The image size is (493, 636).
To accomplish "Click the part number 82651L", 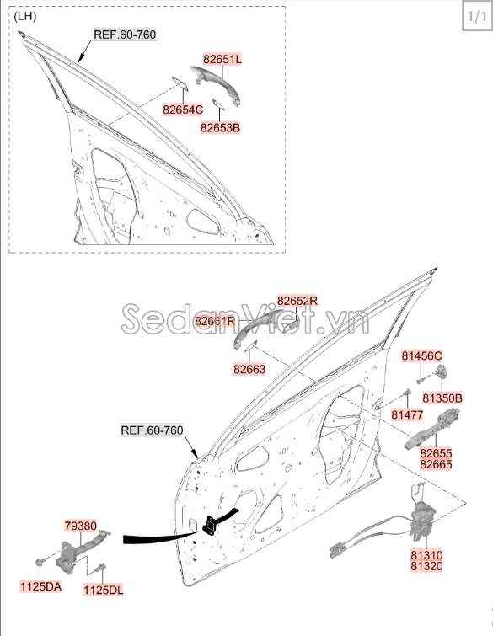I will click(x=222, y=60).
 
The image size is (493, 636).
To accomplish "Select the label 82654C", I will click(x=183, y=110).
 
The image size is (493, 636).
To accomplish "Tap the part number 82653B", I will click(x=220, y=128).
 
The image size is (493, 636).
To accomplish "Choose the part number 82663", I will click(x=249, y=368).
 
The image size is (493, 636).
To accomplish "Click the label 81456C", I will click(x=421, y=356).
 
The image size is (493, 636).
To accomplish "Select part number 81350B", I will click(x=443, y=397).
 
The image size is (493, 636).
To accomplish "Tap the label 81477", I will click(x=406, y=414).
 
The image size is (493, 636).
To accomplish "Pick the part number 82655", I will click(x=435, y=453).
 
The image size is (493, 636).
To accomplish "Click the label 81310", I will click(x=426, y=557).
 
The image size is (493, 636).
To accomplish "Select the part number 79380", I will click(x=81, y=525).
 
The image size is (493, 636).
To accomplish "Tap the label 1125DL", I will click(x=103, y=591).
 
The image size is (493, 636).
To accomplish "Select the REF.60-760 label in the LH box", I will click(x=126, y=34).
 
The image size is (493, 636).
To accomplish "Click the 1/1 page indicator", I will click(x=474, y=17).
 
